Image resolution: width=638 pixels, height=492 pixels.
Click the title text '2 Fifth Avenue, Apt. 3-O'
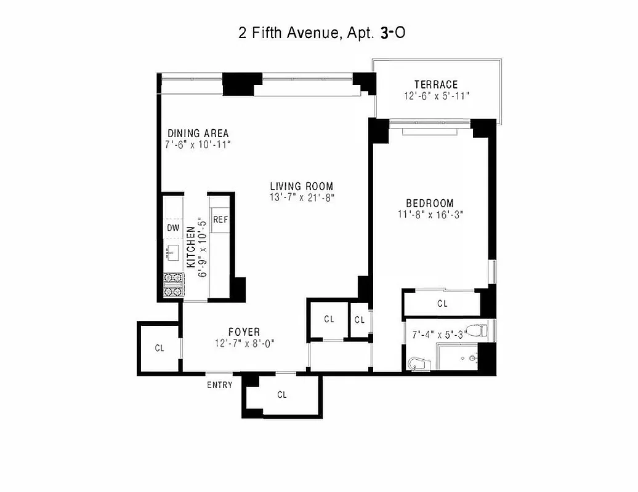click(x=321, y=33)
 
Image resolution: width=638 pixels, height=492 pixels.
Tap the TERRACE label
click(x=435, y=84)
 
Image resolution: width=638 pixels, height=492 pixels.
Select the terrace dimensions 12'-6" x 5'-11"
click(x=437, y=96)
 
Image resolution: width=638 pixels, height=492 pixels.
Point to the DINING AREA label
click(x=198, y=133)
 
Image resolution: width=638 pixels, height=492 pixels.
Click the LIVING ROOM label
click(x=301, y=186)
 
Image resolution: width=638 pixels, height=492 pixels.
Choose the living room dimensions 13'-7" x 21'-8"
click(x=301, y=197)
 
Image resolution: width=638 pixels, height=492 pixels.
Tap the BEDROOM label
click(x=429, y=203)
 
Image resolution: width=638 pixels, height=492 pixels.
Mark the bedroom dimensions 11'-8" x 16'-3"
click(x=429, y=215)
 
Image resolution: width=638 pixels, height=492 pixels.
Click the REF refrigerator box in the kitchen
click(x=220, y=220)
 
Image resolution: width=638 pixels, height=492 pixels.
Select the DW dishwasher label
click(x=173, y=228)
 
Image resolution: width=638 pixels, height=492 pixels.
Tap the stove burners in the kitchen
click(x=173, y=285)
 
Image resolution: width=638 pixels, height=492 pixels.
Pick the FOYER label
click(x=244, y=331)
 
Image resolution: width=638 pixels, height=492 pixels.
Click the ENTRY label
click(x=220, y=385)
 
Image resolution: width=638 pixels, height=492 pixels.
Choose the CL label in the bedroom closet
click(x=442, y=303)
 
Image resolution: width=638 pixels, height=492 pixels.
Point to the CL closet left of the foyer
click(x=159, y=348)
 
